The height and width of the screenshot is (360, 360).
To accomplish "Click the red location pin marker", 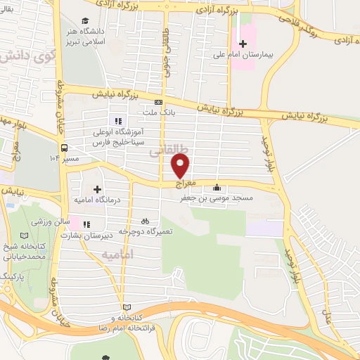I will click(181, 166).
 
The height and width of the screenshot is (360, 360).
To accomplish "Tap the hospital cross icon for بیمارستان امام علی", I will click(243, 44).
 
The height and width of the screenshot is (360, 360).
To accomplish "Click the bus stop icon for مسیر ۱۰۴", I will click(64, 148).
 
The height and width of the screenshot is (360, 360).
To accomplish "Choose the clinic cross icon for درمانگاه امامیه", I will click(97, 189).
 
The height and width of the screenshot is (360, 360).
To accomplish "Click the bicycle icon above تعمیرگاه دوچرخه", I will click(145, 220).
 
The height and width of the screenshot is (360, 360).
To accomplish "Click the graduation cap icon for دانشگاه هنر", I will click(86, 21).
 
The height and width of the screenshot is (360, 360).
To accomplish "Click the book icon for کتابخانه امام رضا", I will click(127, 307).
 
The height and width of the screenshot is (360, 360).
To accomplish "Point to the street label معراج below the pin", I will click(180, 182).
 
